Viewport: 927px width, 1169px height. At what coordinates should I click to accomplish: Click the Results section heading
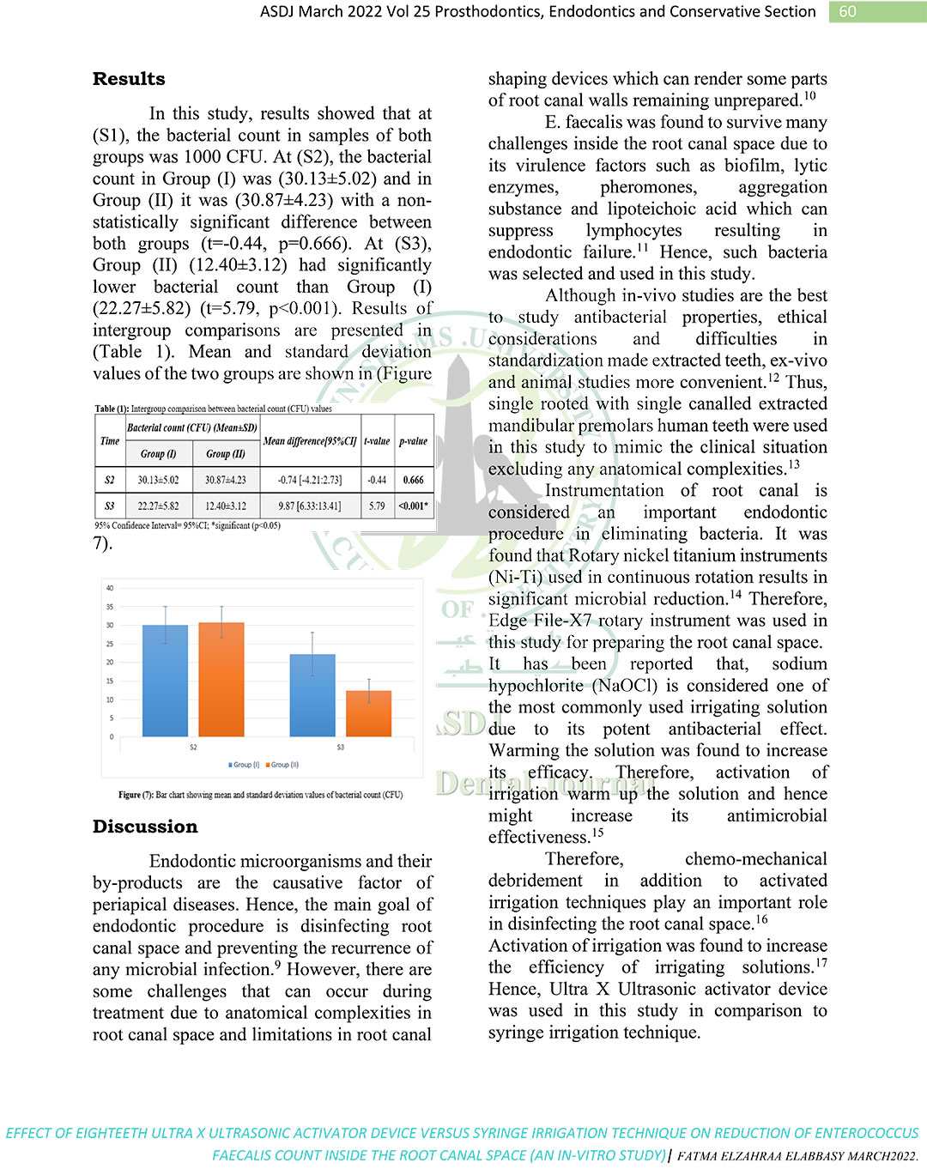pyautogui.click(x=129, y=79)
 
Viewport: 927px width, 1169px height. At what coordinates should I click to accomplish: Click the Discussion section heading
pyautogui.click(x=145, y=827)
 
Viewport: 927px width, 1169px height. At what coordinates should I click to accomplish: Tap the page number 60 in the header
pyautogui.click(x=847, y=11)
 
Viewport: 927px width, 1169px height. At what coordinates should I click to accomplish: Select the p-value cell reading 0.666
pyautogui.click(x=414, y=480)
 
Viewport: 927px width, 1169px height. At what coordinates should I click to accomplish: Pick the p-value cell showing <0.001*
pyautogui.click(x=414, y=506)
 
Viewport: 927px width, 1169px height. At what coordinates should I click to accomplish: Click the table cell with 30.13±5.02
pyautogui.click(x=158, y=480)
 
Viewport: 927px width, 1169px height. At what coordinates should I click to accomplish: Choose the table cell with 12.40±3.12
pyautogui.click(x=225, y=506)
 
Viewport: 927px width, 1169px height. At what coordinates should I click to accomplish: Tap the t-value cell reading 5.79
pyautogui.click(x=377, y=506)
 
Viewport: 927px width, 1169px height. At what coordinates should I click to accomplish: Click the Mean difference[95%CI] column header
pyautogui.click(x=309, y=441)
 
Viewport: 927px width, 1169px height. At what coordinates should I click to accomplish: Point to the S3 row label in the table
pyautogui.click(x=109, y=506)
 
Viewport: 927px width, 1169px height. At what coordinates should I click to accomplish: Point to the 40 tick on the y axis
pyautogui.click(x=110, y=588)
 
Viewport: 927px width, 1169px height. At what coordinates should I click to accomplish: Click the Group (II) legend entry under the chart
pyautogui.click(x=282, y=765)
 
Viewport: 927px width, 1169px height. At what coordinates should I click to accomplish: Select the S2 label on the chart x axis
pyautogui.click(x=193, y=748)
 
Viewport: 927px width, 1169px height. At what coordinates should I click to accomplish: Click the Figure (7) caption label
pyautogui.click(x=136, y=795)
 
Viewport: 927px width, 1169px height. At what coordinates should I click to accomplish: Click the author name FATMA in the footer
pyautogui.click(x=700, y=1156)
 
